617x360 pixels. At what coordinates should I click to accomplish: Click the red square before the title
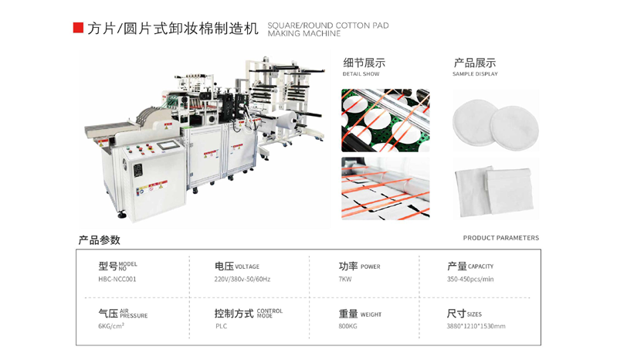tap(78, 28)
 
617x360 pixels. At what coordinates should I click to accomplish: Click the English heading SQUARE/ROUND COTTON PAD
tap(328, 25)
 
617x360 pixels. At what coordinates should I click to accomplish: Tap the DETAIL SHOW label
tap(361, 74)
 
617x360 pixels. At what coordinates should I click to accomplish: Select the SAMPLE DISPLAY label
tap(475, 74)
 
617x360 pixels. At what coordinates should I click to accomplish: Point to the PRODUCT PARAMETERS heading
tap(501, 238)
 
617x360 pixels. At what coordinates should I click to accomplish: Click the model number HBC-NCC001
tap(117, 280)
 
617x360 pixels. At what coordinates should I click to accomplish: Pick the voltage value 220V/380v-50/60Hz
tap(242, 280)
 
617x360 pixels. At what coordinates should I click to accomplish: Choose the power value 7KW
tap(345, 280)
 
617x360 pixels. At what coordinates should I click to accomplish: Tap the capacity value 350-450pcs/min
tap(470, 280)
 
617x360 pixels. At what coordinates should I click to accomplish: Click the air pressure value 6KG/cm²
tap(111, 326)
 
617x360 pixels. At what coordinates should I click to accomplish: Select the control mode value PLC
tap(222, 326)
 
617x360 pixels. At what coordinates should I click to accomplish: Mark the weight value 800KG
tap(348, 326)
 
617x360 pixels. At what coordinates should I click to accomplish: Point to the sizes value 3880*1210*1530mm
tap(476, 326)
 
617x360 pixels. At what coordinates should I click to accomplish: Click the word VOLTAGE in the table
tap(247, 267)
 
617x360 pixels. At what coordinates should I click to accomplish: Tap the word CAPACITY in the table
tap(481, 267)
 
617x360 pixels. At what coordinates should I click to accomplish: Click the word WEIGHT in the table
tap(371, 315)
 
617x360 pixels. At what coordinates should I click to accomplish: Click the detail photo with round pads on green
tap(385, 120)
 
